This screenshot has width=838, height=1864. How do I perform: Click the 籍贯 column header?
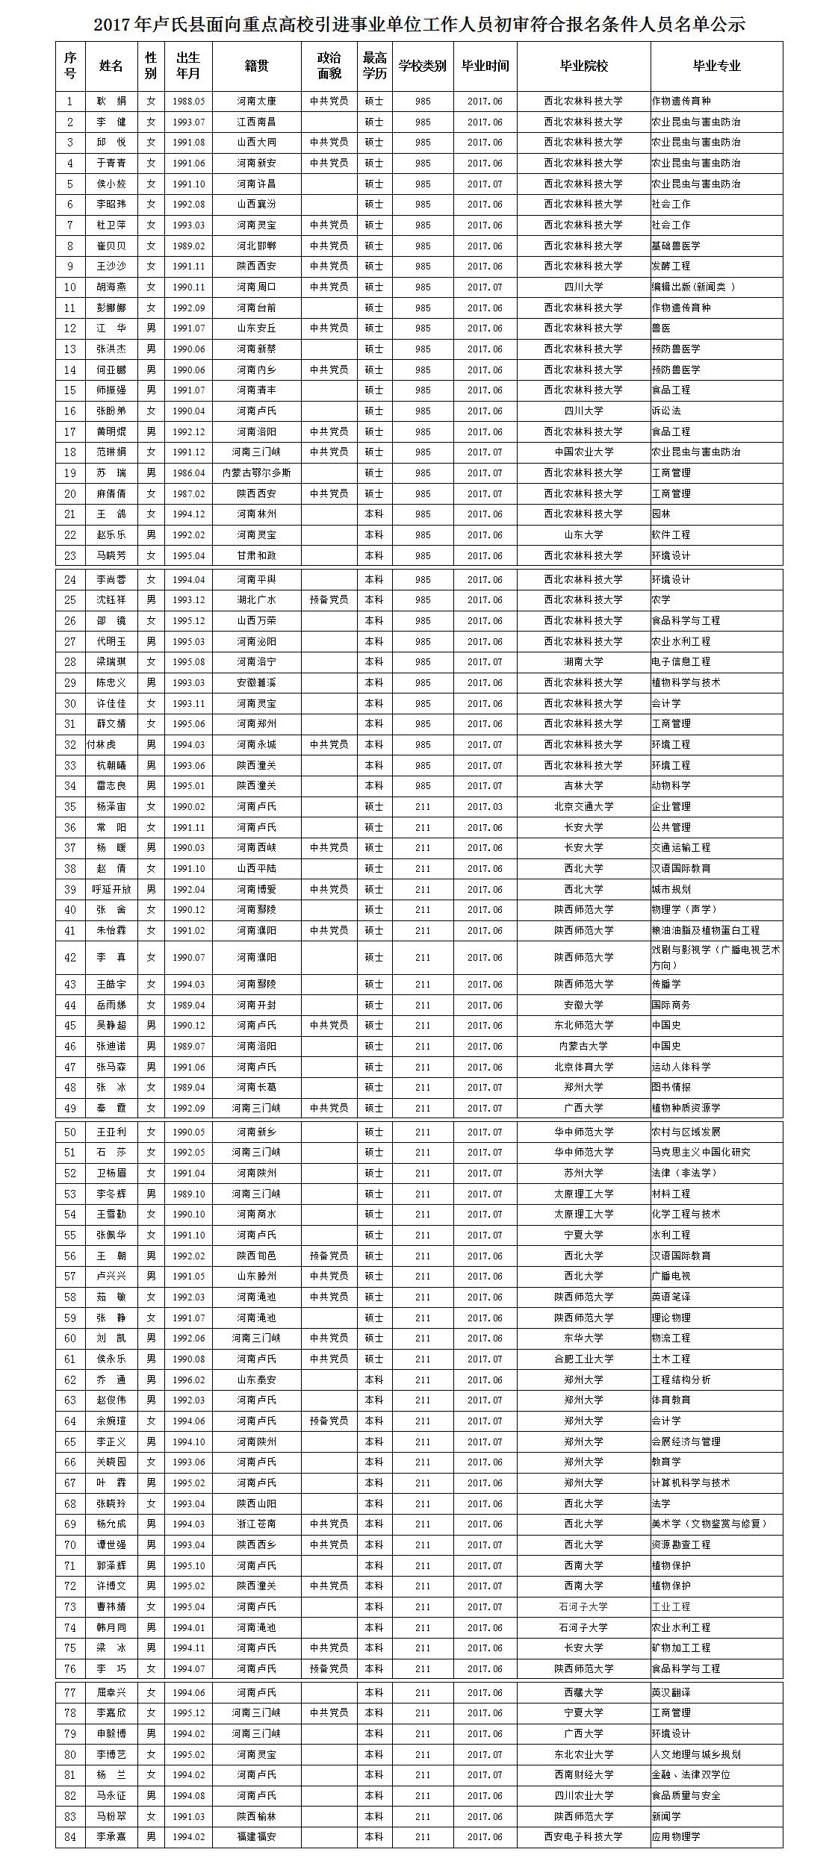tap(256, 66)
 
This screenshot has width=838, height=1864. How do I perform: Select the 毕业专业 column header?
tap(716, 66)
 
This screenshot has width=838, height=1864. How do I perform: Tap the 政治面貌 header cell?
tap(329, 66)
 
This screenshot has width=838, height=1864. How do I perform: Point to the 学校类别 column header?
tap(423, 66)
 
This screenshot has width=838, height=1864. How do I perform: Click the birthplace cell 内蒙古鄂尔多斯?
tap(256, 473)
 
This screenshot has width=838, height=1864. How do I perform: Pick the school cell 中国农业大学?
tap(583, 452)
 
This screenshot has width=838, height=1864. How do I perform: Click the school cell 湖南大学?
tap(583, 661)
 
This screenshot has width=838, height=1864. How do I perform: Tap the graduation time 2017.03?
tap(485, 806)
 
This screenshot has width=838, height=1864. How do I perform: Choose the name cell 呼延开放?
tap(111, 889)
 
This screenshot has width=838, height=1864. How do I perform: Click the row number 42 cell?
tap(70, 957)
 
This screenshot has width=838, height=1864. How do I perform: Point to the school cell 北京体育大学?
tap(583, 1067)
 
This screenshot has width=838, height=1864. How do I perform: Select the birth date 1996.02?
tap(188, 1380)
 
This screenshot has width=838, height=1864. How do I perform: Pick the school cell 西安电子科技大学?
tap(583, 1836)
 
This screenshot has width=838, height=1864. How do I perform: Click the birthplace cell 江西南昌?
tap(256, 122)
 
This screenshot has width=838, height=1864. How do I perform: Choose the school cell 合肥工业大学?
tap(583, 1359)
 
